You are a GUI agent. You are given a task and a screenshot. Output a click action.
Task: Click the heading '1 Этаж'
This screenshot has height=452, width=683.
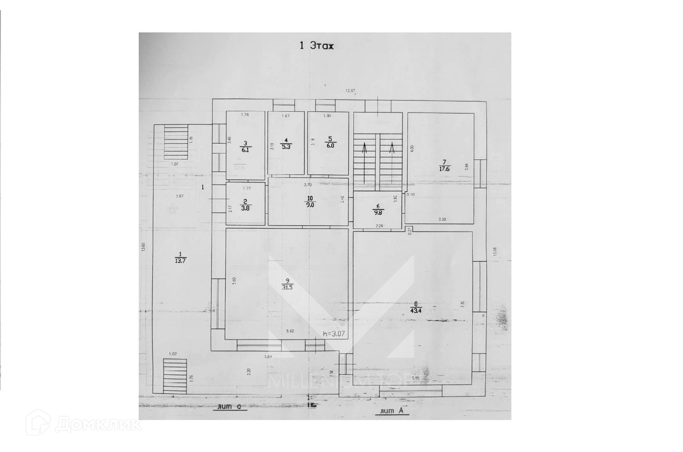pos(316,46)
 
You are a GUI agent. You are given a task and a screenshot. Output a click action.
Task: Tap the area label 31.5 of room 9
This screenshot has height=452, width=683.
pos(287,287)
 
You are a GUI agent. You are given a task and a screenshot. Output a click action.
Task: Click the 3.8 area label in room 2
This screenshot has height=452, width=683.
pos(245,209)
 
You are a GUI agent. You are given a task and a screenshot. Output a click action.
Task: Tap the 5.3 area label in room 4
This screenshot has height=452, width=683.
pos(286,147)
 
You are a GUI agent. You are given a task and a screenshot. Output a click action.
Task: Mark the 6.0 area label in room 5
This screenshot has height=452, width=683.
pos(330,145)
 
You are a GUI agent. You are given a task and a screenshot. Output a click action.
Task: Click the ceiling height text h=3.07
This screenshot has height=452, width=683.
pos(334,334)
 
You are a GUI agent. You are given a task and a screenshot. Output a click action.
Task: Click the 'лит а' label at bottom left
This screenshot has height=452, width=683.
pos(230,407)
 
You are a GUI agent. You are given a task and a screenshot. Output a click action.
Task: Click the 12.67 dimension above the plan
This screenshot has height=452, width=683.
pos(350,90)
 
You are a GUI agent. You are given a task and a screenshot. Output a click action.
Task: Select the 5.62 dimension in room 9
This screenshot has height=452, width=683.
pos(290,331)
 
